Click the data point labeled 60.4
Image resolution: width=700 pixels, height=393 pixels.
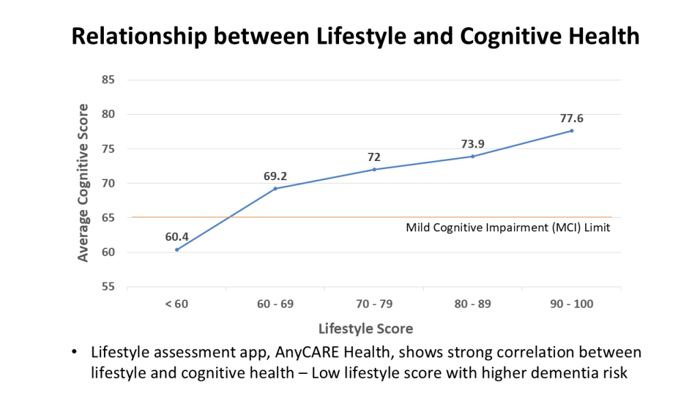177,250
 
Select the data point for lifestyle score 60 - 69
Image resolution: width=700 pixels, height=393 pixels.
275,188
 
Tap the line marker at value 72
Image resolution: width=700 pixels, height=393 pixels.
374,169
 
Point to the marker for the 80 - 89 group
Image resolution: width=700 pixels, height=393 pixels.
472,156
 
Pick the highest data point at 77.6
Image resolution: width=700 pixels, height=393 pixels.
571,130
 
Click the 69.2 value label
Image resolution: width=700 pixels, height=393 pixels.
275,176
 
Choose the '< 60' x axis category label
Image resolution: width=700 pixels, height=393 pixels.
177,304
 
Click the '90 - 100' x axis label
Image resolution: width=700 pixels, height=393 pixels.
571,304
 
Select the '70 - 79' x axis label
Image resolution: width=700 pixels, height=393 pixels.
374,304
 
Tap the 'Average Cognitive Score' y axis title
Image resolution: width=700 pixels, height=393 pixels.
83,183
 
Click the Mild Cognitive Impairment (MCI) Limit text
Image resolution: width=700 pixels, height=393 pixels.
507,228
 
